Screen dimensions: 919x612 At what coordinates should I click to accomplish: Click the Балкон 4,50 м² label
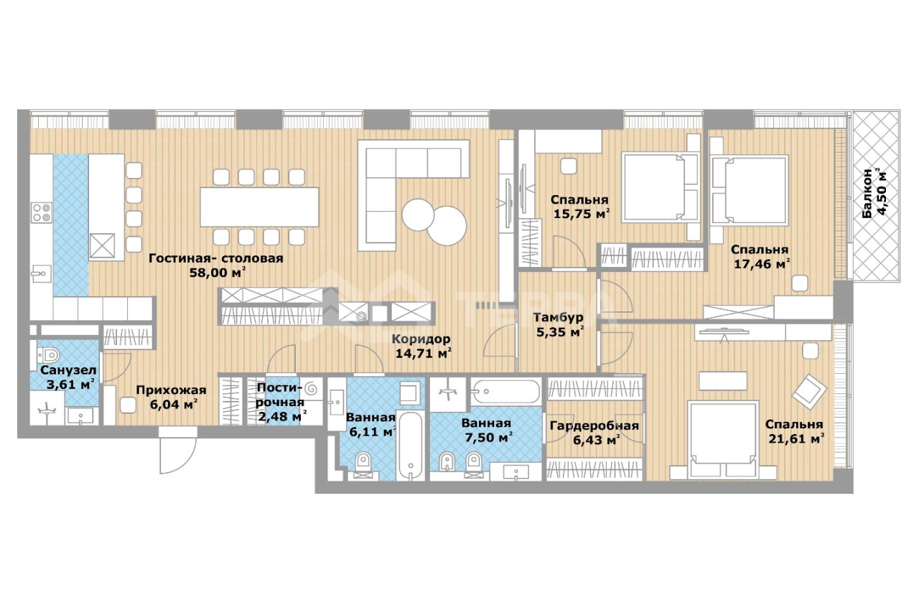coord(874,194)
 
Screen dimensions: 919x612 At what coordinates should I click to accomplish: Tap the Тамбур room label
coord(559,317)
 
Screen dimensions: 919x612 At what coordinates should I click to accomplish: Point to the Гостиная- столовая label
coord(216,259)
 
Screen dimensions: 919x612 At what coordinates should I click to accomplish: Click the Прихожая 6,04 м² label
coord(172,397)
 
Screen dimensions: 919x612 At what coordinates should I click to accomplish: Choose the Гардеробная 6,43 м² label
coord(594,433)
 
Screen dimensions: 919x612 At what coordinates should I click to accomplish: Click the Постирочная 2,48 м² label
coord(281,402)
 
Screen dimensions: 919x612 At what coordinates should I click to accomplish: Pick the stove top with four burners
coord(42,213)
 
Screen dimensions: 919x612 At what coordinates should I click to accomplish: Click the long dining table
coord(259,207)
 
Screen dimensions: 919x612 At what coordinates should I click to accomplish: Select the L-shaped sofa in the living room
coord(413,195)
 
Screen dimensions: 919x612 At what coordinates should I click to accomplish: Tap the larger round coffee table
coord(447,226)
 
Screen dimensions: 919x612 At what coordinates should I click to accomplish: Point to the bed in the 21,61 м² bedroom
coord(722,439)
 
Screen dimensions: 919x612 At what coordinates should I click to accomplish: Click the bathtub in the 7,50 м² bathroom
coord(505,391)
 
